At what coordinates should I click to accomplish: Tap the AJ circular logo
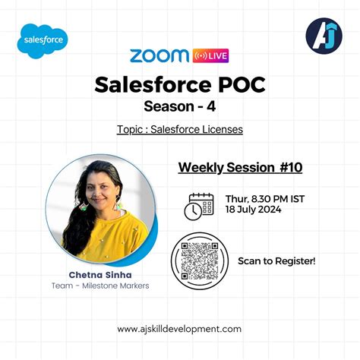coord(323,36)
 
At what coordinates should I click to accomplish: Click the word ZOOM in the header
coord(160,56)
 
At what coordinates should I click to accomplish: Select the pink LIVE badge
coord(211,56)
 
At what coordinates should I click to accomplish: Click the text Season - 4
coord(179,106)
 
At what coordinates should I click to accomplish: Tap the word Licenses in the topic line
coord(218,130)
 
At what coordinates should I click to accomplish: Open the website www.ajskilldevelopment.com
coord(179,329)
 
